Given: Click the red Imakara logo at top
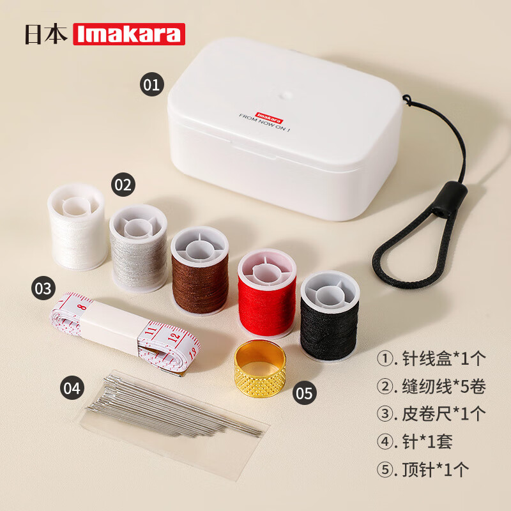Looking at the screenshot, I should (x=129, y=34).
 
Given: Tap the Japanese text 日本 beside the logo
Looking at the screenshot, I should (x=46, y=34).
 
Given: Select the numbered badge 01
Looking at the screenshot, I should (x=151, y=84).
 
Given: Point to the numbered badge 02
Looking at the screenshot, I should (x=123, y=185).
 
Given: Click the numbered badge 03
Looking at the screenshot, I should (x=43, y=288).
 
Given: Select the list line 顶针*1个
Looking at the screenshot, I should (x=431, y=469).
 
